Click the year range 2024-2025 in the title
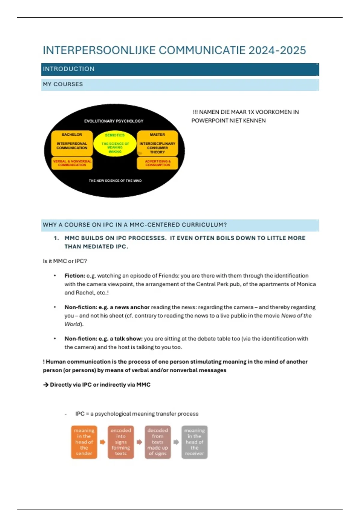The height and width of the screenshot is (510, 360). pyautogui.click(x=277, y=50)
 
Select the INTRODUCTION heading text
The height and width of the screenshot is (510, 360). pyautogui.click(x=69, y=69)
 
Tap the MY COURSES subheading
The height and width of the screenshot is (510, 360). pyautogui.click(x=63, y=84)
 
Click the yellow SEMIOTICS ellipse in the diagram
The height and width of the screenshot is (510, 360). pyautogui.click(x=115, y=144)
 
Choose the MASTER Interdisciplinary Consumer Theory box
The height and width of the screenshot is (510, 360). pyautogui.click(x=157, y=143)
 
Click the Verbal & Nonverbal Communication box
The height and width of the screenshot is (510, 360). pyautogui.click(x=72, y=163)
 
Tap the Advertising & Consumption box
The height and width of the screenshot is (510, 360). pyautogui.click(x=157, y=163)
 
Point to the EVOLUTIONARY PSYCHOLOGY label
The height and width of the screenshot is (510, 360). pyautogui.click(x=114, y=121)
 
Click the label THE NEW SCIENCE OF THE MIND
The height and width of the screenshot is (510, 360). pyautogui.click(x=115, y=181)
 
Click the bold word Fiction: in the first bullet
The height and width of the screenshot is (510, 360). pyautogui.click(x=75, y=276)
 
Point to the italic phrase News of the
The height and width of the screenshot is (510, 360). pyautogui.click(x=296, y=316)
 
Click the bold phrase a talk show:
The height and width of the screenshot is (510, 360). pyautogui.click(x=126, y=339)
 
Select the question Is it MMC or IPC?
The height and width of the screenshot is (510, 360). pyautogui.click(x=65, y=261)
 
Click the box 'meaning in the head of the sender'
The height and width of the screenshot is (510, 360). pyautogui.click(x=84, y=442)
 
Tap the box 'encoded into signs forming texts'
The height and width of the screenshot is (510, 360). pyautogui.click(x=121, y=442)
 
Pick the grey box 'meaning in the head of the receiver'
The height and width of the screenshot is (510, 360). pyautogui.click(x=194, y=442)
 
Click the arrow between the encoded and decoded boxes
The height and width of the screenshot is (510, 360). pyautogui.click(x=139, y=442)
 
